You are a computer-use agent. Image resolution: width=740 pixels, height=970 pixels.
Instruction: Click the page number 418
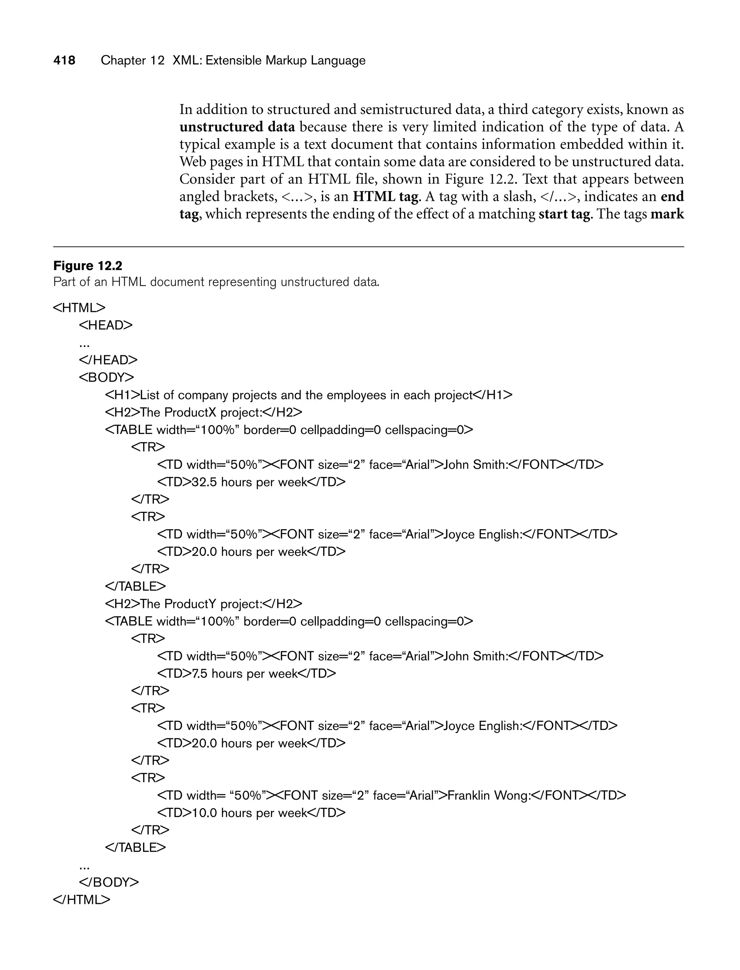(x=64, y=60)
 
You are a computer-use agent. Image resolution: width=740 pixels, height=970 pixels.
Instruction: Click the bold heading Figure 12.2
(x=88, y=266)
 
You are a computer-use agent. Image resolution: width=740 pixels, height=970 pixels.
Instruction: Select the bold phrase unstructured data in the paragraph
(x=237, y=127)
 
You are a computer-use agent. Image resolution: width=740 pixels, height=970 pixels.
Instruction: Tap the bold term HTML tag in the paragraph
(x=386, y=197)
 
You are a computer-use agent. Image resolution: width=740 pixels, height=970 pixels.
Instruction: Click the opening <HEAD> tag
(x=106, y=325)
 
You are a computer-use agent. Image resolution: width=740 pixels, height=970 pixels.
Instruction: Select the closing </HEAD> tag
(x=108, y=360)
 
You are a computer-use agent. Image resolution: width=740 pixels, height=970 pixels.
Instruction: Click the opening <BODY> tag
(x=107, y=378)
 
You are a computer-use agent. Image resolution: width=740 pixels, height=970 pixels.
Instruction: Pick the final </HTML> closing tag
(x=82, y=900)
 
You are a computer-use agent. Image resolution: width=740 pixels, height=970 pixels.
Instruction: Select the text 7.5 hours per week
(x=245, y=674)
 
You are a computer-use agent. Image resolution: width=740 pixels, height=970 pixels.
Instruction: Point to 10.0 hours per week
(x=249, y=813)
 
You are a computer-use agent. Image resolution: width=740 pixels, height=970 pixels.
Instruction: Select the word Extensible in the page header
(x=233, y=60)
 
